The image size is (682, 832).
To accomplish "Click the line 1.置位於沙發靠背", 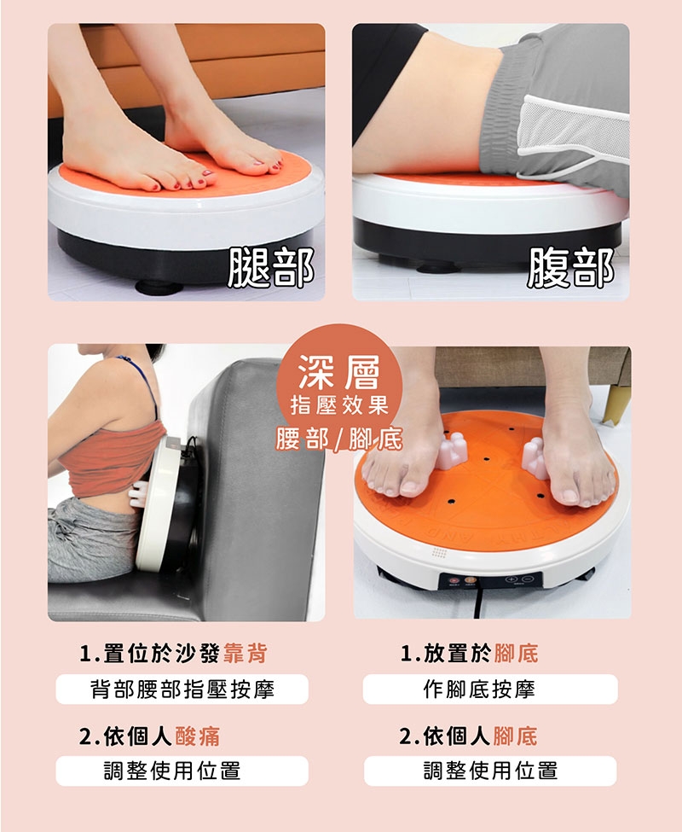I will coord(173,655).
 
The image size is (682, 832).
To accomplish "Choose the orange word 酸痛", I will coord(197,736).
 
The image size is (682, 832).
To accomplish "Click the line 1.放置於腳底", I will coord(469,655).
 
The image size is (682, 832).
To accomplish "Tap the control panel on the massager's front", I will coord(490,580).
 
